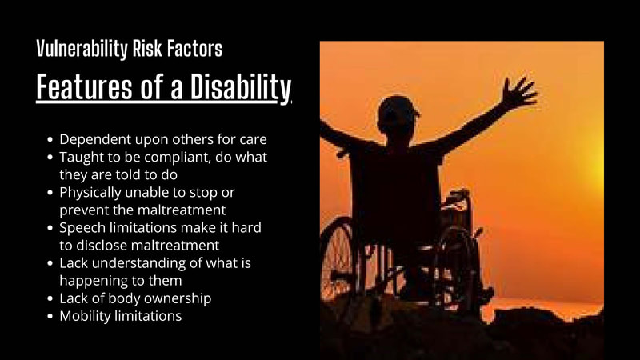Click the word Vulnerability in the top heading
(x=82, y=50)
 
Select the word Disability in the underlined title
(x=241, y=87)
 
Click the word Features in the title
(x=84, y=86)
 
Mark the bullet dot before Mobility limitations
(x=50, y=316)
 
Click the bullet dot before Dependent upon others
(x=50, y=139)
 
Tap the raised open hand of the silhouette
(x=518, y=92)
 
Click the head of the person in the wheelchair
(x=397, y=117)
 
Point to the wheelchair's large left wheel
(x=337, y=258)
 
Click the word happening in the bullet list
(x=94, y=282)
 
